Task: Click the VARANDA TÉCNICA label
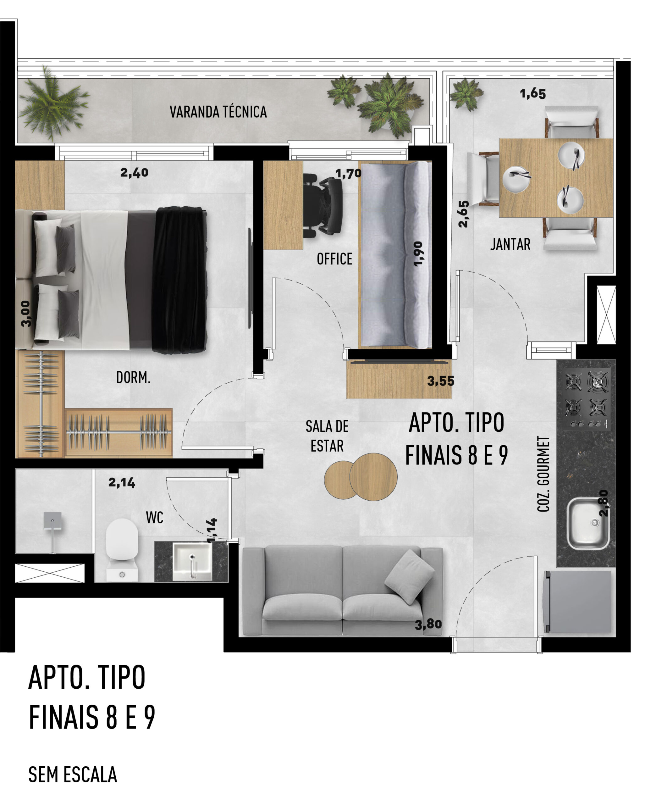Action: (218, 112)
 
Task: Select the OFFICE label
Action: (334, 259)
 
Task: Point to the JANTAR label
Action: (510, 244)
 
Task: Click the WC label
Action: (155, 518)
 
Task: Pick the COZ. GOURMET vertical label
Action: (543, 474)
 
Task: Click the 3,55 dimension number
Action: (440, 381)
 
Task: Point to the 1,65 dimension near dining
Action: (533, 93)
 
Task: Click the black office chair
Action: (322, 205)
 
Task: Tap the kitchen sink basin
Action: (587, 524)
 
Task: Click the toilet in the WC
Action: (122, 549)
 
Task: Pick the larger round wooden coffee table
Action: (373, 476)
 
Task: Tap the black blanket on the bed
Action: (179, 280)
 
